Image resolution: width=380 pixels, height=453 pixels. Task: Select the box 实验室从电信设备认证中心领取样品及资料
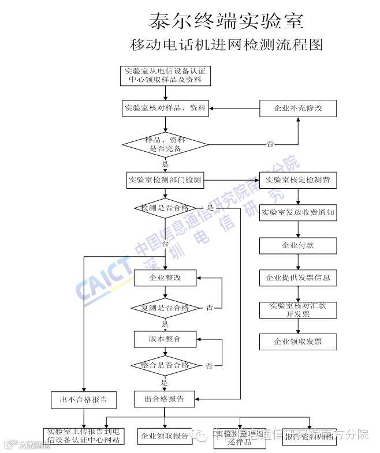click(165, 75)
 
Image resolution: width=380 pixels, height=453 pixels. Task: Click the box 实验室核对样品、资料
click(165, 108)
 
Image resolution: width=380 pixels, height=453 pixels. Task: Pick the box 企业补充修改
click(298, 108)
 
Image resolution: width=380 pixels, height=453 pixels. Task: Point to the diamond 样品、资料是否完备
click(165, 144)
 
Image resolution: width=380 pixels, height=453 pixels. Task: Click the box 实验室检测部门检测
click(165, 180)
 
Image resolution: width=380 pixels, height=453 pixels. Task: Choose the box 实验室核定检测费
click(298, 180)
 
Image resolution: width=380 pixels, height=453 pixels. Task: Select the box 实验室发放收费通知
click(298, 212)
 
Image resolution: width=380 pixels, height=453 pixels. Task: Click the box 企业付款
click(298, 245)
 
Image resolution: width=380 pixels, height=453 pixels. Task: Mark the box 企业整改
click(165, 278)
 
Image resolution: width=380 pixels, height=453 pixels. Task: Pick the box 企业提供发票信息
click(298, 278)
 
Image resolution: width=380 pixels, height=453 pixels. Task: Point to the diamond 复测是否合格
click(165, 308)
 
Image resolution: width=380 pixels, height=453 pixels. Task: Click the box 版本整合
click(165, 339)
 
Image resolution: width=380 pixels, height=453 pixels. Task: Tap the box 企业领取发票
click(298, 342)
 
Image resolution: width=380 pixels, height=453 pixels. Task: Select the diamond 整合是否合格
click(165, 365)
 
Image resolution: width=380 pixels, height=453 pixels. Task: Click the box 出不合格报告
click(84, 399)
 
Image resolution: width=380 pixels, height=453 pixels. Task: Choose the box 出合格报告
click(165, 399)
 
